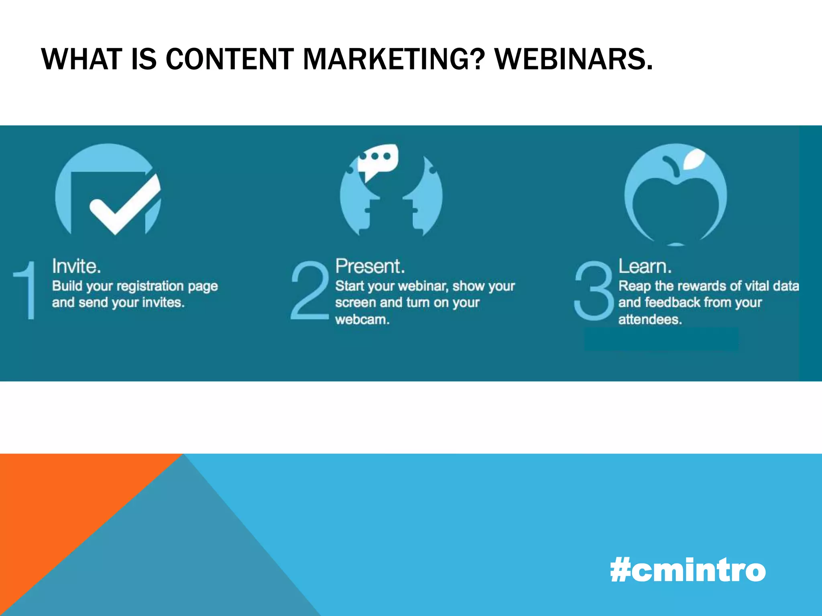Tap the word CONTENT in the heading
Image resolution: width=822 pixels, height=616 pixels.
coord(230,59)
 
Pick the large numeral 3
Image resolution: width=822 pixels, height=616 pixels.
coord(593,290)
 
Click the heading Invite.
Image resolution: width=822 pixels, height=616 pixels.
coord(76,266)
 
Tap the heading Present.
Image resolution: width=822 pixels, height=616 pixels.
coord(370,266)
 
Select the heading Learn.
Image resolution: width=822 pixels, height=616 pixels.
coord(645,266)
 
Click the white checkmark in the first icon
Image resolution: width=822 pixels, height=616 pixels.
coord(124,205)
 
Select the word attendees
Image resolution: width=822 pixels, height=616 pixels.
coord(650,320)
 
